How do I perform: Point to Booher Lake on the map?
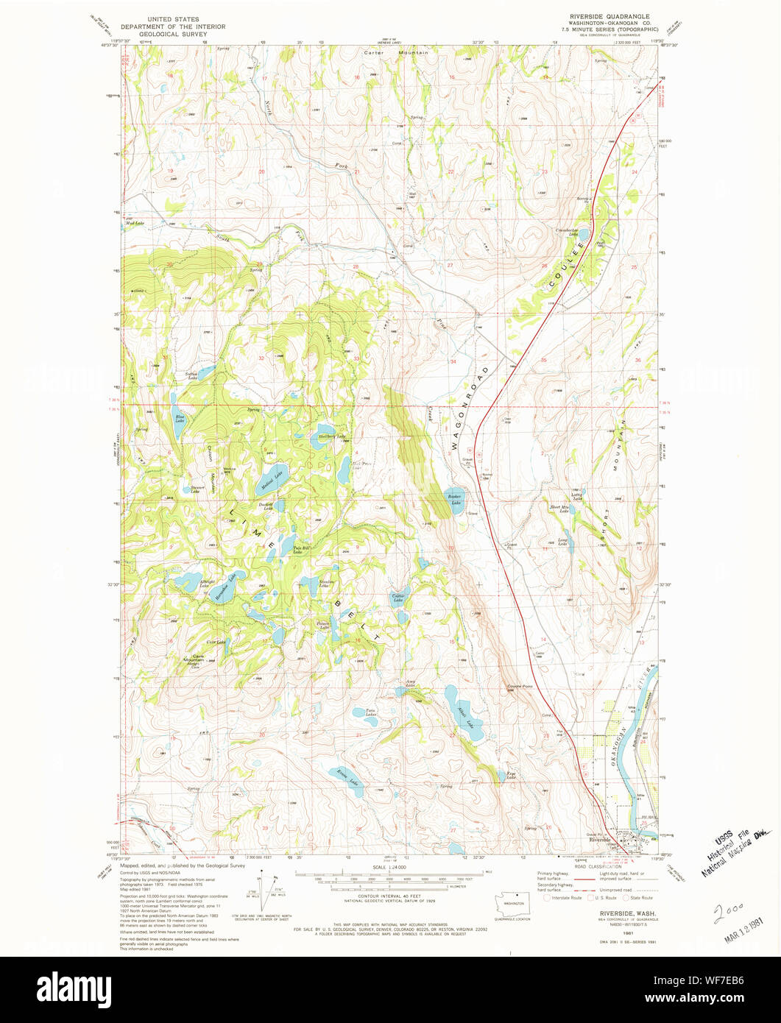(454, 500)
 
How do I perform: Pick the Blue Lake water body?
(179, 425)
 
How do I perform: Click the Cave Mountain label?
(193, 658)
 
